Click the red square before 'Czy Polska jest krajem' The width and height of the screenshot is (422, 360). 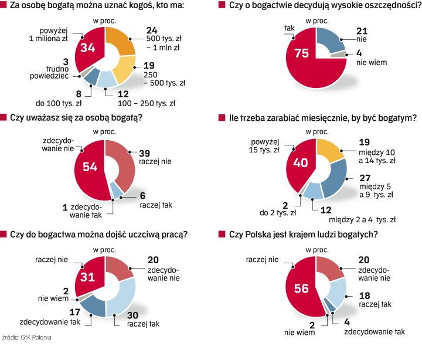[222, 236]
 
